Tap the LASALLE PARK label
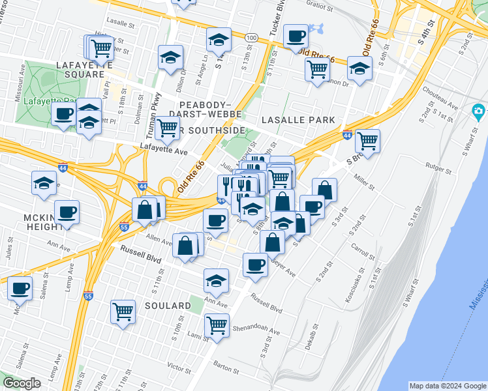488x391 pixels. click(298, 120)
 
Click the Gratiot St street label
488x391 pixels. click(320, 5)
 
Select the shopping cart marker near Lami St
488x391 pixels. click(217, 323)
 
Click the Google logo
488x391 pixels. click(22, 383)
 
